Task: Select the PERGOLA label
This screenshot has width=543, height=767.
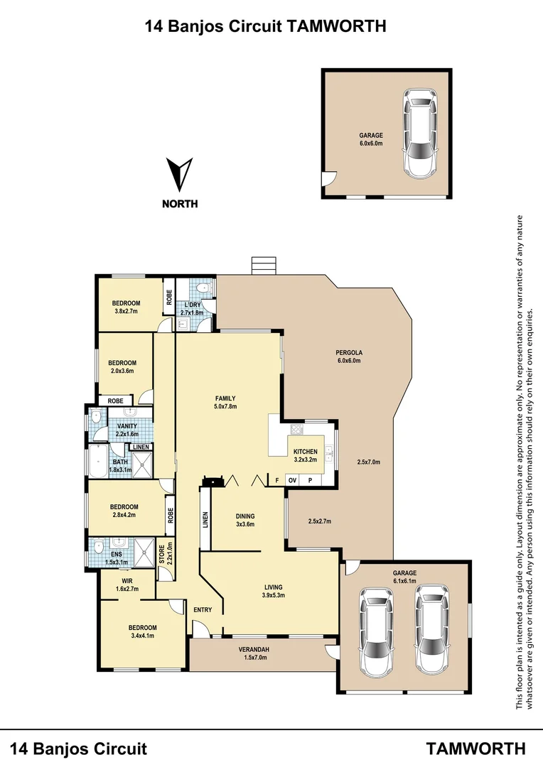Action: coord(349,357)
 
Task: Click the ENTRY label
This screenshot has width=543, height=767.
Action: coord(202,609)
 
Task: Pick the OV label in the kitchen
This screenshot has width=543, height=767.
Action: coord(292,481)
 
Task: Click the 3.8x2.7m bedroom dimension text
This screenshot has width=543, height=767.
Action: coord(125,311)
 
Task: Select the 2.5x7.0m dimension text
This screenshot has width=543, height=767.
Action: coord(368,462)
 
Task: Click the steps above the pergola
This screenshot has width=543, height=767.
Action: coord(263,265)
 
